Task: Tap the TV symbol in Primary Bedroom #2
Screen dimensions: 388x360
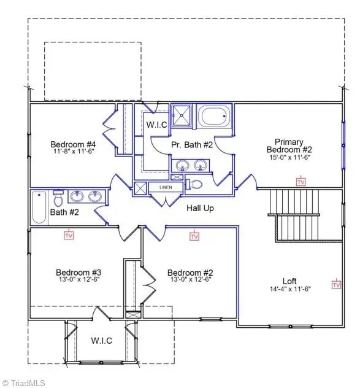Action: (301, 182)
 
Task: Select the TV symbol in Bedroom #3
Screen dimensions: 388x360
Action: (69, 235)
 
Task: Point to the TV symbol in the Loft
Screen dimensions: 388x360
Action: (337, 284)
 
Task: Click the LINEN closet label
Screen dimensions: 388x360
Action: (166, 187)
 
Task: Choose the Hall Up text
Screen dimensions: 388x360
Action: (200, 209)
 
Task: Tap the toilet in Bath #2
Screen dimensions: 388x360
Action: (59, 199)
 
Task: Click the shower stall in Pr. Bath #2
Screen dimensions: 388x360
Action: (181, 114)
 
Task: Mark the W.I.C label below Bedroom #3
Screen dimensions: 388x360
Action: (102, 341)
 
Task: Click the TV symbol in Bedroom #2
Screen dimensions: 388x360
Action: (194, 236)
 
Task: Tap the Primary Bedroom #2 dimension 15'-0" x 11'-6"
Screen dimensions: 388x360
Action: (289, 157)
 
